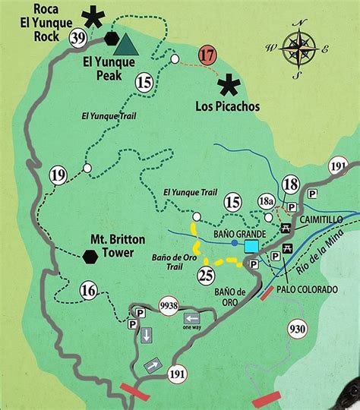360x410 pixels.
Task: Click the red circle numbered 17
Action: (207, 55)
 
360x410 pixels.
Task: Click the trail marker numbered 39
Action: (77, 38)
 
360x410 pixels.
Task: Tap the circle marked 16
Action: (88, 289)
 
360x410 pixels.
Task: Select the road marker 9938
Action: (168, 306)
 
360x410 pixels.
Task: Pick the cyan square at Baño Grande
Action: (251, 246)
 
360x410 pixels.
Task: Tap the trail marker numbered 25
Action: (206, 275)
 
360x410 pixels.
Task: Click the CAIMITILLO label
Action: (321, 219)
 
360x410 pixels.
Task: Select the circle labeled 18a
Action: (266, 201)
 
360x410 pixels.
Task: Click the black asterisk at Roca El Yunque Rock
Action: (94, 15)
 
